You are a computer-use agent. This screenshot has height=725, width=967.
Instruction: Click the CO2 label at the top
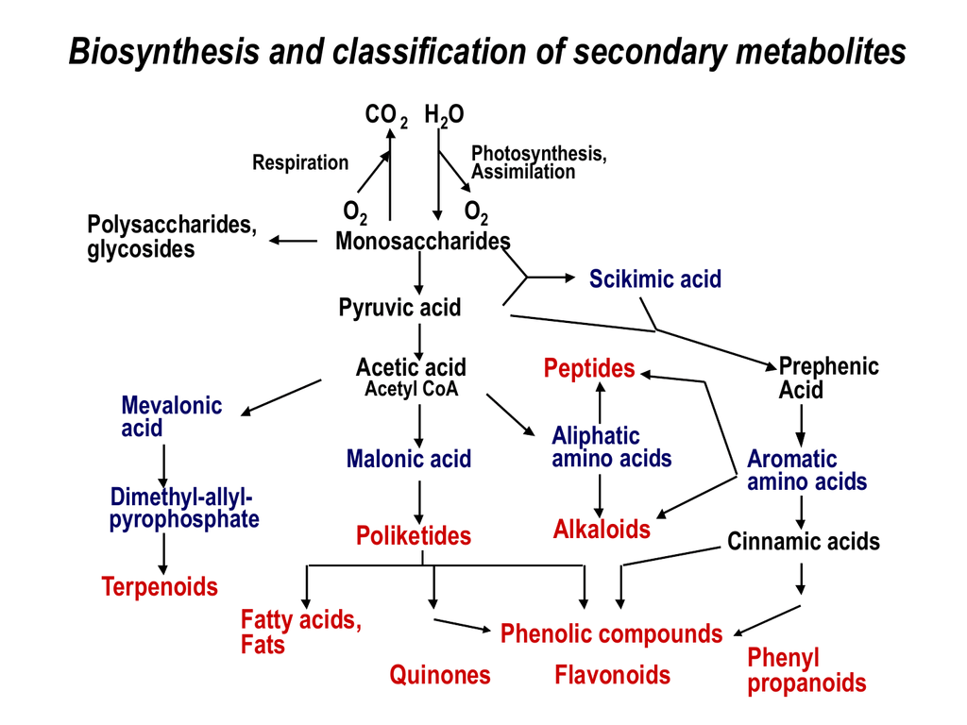385,116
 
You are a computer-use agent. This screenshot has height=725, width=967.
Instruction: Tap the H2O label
444,116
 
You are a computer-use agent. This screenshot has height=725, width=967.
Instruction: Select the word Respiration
300,162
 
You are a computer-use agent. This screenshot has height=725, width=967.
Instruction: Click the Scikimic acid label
655,278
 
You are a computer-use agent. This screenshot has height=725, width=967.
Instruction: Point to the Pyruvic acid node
399,307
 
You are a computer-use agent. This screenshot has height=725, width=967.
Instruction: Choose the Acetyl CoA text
411,389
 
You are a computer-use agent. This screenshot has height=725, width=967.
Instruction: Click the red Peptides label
589,368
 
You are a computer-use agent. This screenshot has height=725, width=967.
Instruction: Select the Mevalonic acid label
171,416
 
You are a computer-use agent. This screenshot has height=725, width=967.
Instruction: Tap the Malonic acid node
408,460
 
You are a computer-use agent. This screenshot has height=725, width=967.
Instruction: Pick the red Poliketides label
413,536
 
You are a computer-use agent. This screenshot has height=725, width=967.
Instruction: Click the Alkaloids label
602,529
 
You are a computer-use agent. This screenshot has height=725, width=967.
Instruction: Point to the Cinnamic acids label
803,542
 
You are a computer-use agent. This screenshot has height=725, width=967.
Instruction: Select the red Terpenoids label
160,587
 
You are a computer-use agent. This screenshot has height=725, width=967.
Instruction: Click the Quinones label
440,675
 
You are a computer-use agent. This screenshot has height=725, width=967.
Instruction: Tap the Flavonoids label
612,675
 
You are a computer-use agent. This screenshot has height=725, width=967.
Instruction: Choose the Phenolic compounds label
611,633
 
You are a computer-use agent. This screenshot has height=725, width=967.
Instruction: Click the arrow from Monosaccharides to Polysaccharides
294,241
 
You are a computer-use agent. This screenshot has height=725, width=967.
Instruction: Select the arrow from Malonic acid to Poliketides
418,499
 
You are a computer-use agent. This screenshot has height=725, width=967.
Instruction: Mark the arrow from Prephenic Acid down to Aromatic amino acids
801,425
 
